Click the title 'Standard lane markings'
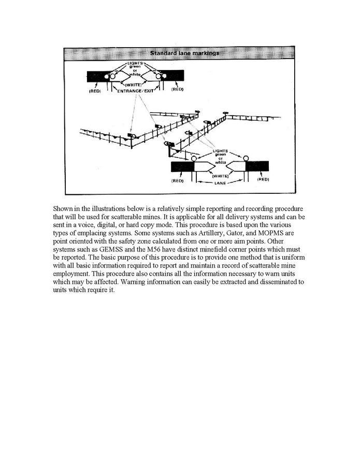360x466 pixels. [x=184, y=53]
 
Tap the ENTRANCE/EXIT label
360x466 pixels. [x=136, y=90]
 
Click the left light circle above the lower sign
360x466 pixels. [x=194, y=159]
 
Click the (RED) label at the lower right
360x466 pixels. [x=263, y=179]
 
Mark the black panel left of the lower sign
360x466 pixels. [x=182, y=166]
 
